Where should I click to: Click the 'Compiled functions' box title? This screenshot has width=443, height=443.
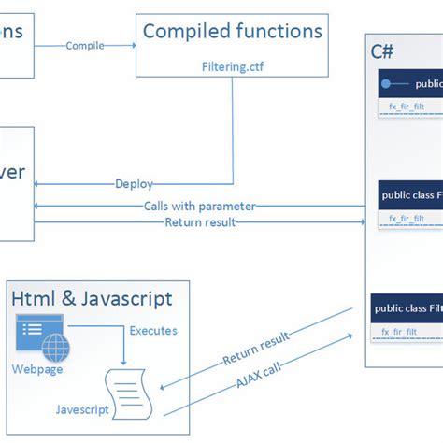coord(232,32)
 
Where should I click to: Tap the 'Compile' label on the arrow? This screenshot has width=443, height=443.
coord(85,45)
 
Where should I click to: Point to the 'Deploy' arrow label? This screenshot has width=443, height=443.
coord(135,184)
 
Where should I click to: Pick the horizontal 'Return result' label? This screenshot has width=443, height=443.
coord(200,222)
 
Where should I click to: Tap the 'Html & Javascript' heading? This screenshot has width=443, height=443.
coord(92,299)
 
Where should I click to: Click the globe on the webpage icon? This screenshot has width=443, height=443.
coord(54,349)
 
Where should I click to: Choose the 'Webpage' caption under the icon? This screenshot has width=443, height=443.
coord(37,370)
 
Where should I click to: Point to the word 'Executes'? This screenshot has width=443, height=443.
coord(153,331)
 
